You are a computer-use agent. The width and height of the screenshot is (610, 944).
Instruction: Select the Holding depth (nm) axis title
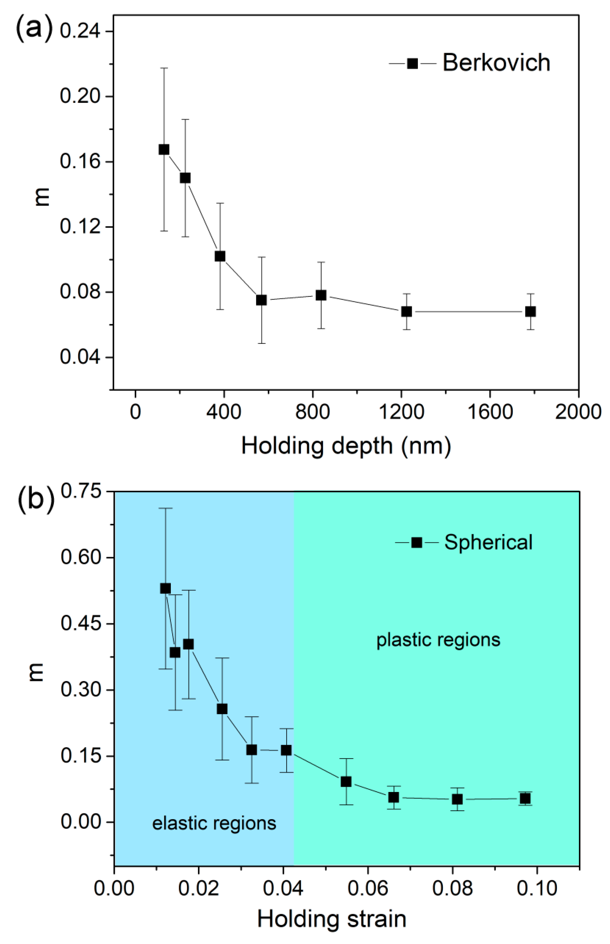tap(346, 446)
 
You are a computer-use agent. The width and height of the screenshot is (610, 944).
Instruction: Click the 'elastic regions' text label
tap(214, 823)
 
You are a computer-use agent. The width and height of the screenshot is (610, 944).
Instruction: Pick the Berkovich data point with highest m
tap(164, 149)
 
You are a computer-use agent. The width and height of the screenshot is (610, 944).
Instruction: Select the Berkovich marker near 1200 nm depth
tap(406, 312)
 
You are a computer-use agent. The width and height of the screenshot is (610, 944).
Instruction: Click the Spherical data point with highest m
tap(166, 588)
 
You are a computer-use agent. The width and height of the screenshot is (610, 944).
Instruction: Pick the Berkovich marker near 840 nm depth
tap(321, 295)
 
